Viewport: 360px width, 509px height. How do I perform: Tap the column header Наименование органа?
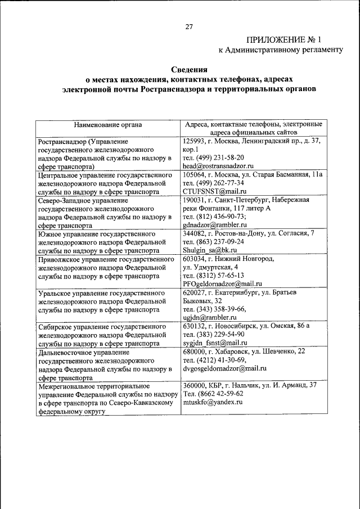107,125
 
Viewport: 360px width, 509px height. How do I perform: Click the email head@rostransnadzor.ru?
219,166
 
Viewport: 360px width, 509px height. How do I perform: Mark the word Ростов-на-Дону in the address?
244,233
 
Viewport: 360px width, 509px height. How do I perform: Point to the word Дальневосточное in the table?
64,352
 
